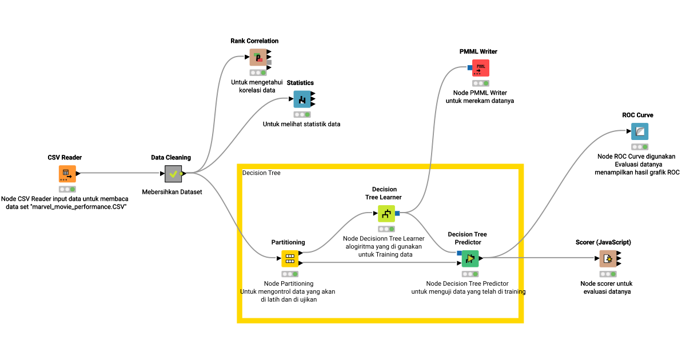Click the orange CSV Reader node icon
point(67,173)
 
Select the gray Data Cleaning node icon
point(173,173)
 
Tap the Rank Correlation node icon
point(258,57)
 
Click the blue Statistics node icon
point(302,99)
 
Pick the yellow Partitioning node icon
point(290,258)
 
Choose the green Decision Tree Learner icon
point(386,214)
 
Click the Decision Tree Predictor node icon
point(470,258)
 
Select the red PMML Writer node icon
point(481,67)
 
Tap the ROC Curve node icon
point(640,131)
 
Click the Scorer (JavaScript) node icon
point(608,258)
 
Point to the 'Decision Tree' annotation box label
point(261,173)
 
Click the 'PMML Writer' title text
point(478,51)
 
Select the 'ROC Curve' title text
point(637,115)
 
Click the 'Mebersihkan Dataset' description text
point(171,192)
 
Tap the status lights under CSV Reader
point(67,189)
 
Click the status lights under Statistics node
point(302,114)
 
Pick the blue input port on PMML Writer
point(469,67)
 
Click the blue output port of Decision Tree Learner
point(397,213)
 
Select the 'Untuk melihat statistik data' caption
point(301,124)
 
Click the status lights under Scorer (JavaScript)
point(608,274)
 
